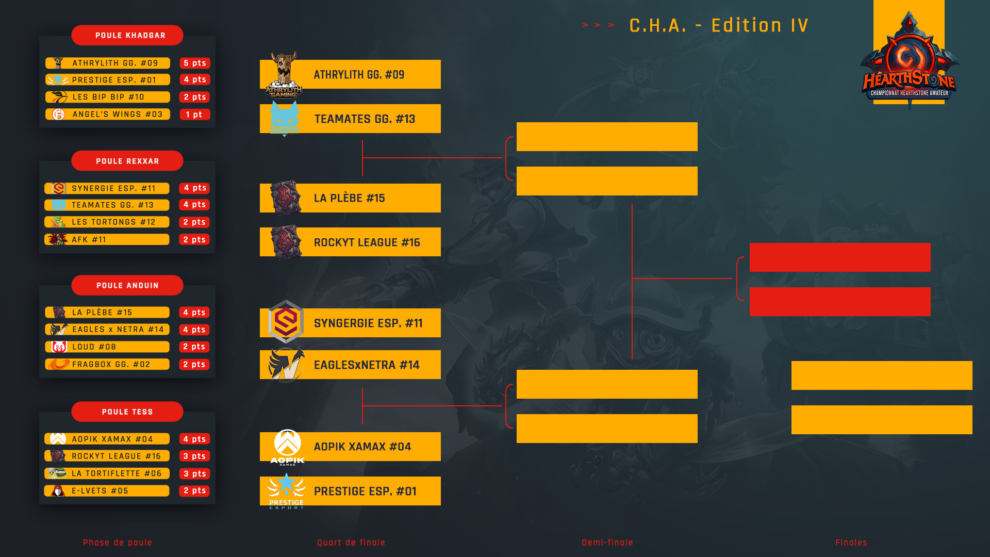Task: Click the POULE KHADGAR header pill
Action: [127, 35]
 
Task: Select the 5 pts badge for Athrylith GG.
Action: [195, 63]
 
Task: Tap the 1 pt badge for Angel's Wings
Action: [195, 114]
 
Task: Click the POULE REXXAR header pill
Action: [127, 161]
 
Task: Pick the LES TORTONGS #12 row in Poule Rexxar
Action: [107, 222]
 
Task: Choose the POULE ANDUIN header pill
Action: [127, 285]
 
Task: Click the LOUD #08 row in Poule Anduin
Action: [107, 347]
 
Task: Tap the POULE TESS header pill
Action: [127, 412]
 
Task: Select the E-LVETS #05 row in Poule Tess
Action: [107, 491]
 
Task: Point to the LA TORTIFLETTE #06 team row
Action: [107, 473]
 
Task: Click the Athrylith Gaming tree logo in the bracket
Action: [284, 74]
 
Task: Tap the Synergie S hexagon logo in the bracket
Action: [286, 322]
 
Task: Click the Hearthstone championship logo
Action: [909, 59]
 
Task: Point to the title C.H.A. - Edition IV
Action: [719, 25]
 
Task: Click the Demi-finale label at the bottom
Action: [607, 543]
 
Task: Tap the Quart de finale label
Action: [351, 543]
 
